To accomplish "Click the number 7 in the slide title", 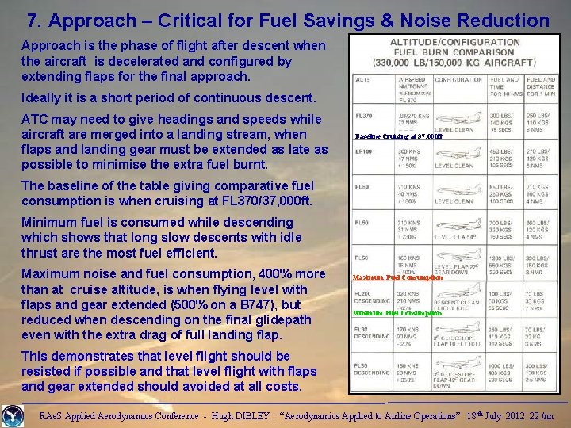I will click(x=32, y=20).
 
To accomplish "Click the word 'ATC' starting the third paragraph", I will click(x=36, y=120).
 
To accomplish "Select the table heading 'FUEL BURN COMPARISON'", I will click(x=455, y=52).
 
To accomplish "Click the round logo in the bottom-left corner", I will click(x=13, y=414).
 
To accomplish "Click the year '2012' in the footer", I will click(x=499, y=413).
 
